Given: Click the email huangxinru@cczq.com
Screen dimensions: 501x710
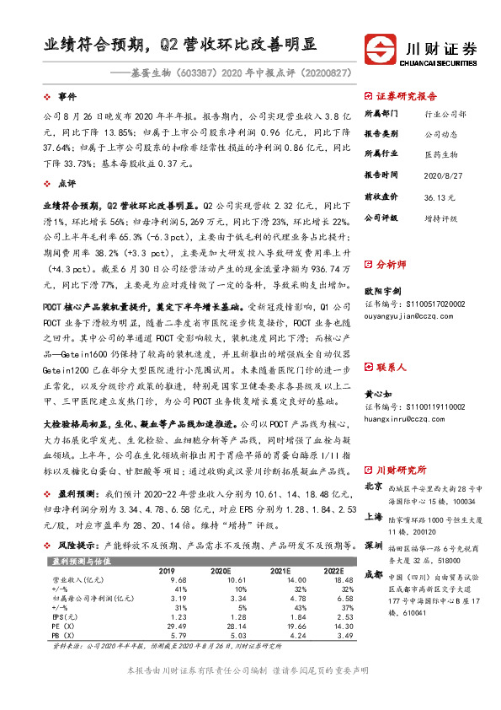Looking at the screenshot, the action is click(x=401, y=417).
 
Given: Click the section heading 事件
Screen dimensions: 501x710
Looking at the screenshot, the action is click(x=67, y=98).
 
